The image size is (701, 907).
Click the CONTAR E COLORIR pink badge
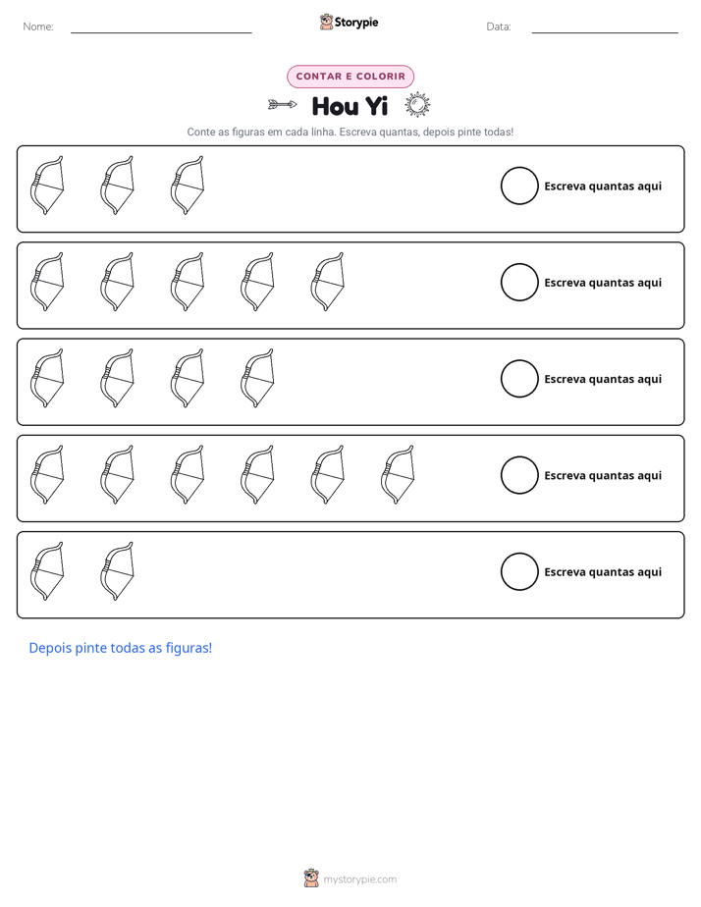click(x=350, y=77)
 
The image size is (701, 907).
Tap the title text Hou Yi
click(x=350, y=106)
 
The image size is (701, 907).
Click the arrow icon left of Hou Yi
click(x=282, y=105)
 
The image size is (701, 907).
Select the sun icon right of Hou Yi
click(x=417, y=105)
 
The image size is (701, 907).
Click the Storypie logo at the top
click(x=349, y=22)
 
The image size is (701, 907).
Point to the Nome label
click(x=38, y=27)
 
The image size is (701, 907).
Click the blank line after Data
click(x=605, y=32)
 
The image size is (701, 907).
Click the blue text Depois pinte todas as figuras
click(x=121, y=648)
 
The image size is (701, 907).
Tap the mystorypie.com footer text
click(x=359, y=880)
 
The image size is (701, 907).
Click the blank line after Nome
click(x=161, y=32)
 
